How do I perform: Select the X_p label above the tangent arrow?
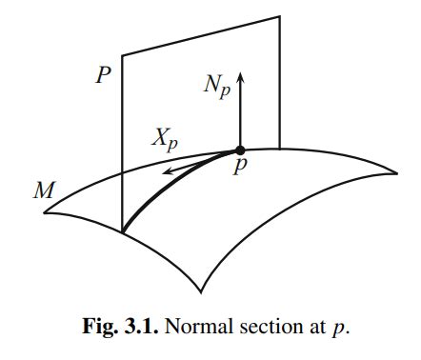coord(165,139)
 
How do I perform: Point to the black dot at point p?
coord(240,150)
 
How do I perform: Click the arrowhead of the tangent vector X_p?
coord(163,171)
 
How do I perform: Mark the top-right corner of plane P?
coord(280,16)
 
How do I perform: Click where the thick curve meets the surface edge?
coord(124,231)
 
